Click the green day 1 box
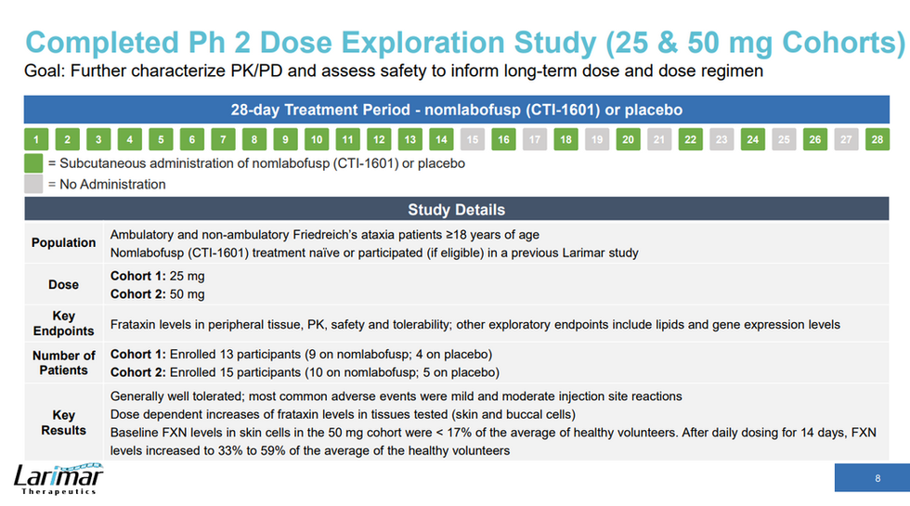(35, 140)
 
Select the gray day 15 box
(472, 140)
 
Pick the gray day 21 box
(658, 140)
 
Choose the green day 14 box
(441, 140)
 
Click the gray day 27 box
(845, 140)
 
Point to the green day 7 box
(223, 140)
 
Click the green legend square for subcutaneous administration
(34, 163)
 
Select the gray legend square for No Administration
(34, 184)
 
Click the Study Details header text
(456, 210)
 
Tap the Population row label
(64, 242)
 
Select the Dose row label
(64, 285)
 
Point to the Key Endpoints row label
(64, 323)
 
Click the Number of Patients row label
(64, 362)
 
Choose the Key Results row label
(64, 422)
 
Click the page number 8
(877, 479)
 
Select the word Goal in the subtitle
(42, 71)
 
